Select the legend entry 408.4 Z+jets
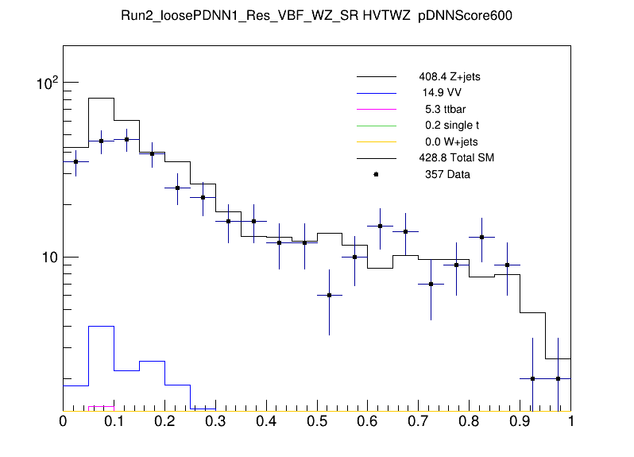coord(450,78)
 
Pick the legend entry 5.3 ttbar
coord(443,110)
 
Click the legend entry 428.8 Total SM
coord(457,158)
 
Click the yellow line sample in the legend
coord(376,142)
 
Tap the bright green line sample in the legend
coord(376,126)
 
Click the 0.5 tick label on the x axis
coord(317,422)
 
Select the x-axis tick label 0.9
coord(520,422)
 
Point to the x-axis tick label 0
coord(64,422)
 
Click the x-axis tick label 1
coord(570,422)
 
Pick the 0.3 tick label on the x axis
coord(215,422)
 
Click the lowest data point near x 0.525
coord(330,295)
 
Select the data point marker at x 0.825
coord(482,237)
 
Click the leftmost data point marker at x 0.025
coord(75,161)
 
